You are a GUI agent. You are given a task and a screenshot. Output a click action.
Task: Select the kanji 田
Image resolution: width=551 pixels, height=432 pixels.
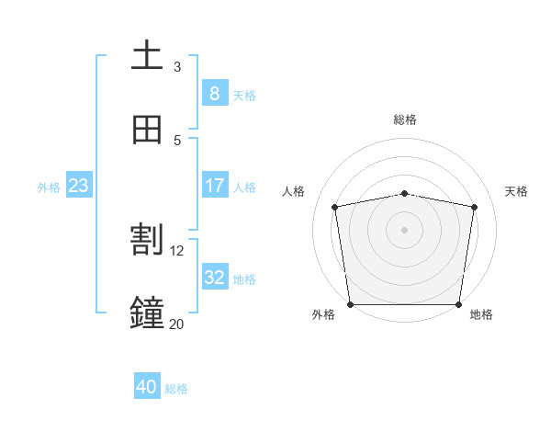147,130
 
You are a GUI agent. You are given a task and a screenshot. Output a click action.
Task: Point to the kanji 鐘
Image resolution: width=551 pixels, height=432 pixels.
147,313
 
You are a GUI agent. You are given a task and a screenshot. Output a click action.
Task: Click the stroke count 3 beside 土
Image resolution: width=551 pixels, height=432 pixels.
177,67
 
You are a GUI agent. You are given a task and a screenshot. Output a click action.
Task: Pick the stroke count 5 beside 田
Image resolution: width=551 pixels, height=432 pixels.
177,140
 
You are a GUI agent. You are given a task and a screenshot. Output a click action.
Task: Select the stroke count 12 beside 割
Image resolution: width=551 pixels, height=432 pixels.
177,250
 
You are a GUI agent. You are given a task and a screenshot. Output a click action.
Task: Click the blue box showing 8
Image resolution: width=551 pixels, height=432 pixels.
214,93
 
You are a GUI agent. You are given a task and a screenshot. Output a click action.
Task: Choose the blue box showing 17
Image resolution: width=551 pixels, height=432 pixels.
214,186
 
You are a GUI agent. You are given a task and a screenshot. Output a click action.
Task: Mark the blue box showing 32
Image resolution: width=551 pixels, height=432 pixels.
214,278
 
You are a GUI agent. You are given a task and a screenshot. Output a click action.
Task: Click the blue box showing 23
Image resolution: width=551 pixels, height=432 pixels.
78,186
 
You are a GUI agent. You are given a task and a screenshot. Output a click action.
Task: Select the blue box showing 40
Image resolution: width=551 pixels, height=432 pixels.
147,387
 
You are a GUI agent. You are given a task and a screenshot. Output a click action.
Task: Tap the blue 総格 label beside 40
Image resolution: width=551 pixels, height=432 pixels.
176,389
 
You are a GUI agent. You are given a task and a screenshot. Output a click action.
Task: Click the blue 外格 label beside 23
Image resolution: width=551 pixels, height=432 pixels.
49,188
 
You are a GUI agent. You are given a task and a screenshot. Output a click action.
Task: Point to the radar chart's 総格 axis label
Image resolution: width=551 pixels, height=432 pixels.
405,119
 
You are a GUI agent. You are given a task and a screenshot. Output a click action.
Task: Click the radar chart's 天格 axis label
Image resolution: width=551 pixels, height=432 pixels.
516,191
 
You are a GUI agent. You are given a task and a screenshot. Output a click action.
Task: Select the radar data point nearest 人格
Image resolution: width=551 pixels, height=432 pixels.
335,207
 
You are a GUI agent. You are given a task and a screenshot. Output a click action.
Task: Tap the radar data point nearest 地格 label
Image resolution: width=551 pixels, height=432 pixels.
459,304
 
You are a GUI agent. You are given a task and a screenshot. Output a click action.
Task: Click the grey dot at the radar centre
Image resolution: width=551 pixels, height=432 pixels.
405,229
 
